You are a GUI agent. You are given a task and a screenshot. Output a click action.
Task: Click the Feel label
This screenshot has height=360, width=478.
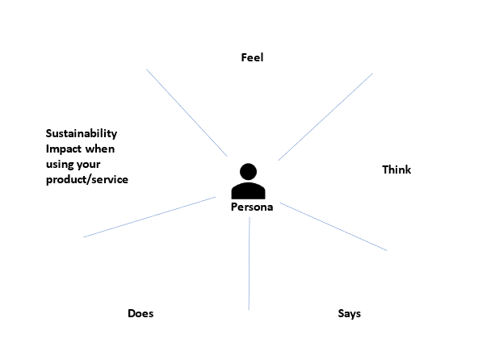(252, 57)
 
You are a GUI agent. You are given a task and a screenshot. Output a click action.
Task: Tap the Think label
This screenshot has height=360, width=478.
(396, 170)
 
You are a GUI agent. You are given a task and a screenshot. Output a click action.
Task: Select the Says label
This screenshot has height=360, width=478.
(350, 314)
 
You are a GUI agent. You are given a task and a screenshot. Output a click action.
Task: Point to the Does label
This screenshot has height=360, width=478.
(140, 313)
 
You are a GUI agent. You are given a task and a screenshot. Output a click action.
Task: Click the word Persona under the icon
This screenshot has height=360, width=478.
(252, 207)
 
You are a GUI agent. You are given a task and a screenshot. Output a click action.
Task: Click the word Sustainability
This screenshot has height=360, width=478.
(82, 133)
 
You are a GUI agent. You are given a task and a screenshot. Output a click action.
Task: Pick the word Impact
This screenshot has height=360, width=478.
(64, 149)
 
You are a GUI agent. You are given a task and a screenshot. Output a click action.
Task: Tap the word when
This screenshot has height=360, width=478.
(99, 149)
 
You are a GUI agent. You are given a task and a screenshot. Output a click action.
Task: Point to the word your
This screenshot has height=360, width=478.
(88, 165)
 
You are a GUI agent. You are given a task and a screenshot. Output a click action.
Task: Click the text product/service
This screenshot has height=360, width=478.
(87, 179)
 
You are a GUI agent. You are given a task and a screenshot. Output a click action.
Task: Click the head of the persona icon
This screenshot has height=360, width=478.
(248, 172)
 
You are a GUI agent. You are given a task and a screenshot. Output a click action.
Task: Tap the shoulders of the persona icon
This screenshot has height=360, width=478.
(248, 190)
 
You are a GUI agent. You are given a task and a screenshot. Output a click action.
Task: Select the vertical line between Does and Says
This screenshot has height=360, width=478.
(249, 264)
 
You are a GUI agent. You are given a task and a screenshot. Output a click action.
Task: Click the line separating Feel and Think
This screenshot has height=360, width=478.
(325, 117)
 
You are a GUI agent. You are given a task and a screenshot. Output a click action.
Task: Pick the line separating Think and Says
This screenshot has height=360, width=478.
(333, 227)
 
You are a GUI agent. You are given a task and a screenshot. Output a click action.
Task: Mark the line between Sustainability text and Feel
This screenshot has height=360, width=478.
(187, 113)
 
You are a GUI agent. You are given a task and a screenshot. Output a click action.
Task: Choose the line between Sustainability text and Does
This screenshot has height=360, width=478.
(149, 217)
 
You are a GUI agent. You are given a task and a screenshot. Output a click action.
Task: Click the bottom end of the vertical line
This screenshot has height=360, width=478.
(249, 310)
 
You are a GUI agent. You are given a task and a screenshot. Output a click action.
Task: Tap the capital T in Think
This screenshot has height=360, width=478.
(386, 170)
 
